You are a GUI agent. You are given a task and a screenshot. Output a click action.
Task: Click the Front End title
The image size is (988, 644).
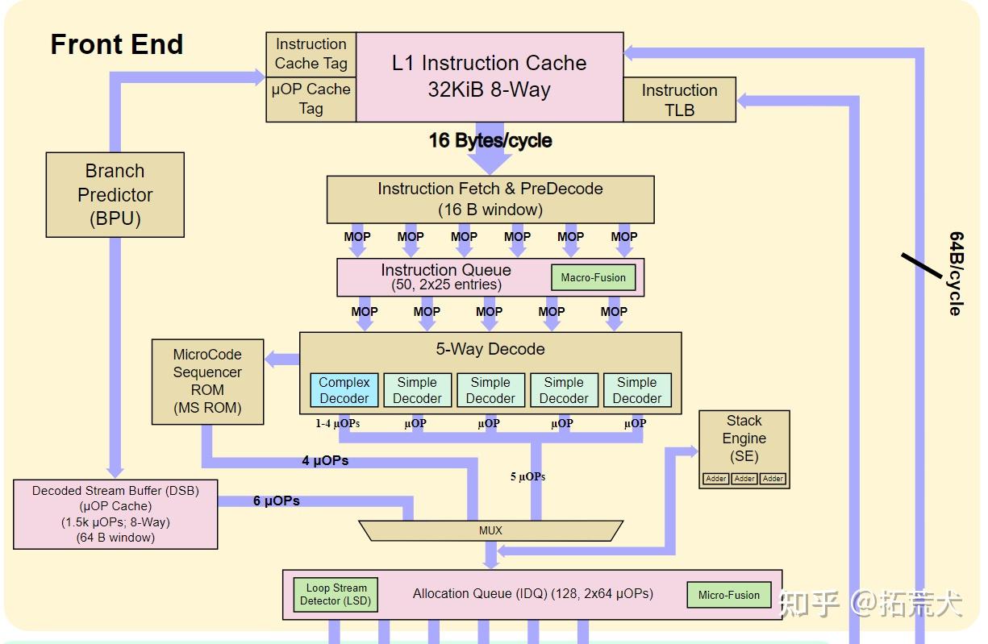(x=117, y=44)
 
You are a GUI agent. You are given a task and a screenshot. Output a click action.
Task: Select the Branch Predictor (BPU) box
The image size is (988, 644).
(x=115, y=195)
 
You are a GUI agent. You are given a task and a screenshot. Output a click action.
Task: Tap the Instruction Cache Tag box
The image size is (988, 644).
(x=311, y=54)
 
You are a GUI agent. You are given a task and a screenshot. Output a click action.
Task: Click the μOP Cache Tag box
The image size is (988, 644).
(x=311, y=99)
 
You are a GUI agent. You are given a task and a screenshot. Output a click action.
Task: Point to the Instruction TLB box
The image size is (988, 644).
(x=679, y=100)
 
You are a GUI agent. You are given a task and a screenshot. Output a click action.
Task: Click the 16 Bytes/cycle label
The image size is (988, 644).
(x=490, y=140)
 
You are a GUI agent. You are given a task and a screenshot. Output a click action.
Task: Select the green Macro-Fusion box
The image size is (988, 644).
(x=594, y=277)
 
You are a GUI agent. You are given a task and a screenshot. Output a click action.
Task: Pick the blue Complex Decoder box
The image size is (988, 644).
(x=344, y=390)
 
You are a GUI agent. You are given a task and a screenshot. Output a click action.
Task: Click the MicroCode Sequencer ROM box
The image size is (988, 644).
(x=208, y=382)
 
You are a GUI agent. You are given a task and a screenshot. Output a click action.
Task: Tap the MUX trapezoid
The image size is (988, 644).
(x=490, y=530)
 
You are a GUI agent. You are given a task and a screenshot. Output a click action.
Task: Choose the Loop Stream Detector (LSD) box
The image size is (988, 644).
(x=336, y=595)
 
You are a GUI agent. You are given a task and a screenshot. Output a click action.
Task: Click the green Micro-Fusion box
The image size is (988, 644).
(x=728, y=595)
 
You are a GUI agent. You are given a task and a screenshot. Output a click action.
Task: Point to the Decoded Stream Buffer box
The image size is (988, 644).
(x=115, y=514)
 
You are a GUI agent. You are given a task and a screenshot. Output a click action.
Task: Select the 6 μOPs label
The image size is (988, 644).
(x=277, y=501)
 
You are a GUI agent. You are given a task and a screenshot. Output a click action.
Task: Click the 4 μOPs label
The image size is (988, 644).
(x=325, y=460)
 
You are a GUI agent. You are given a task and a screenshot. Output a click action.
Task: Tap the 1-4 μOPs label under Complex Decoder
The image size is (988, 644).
(x=337, y=424)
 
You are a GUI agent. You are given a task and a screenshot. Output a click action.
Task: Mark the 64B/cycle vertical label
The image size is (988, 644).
(x=957, y=273)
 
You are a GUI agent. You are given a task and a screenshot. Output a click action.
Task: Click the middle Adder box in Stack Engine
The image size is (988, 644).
(x=744, y=479)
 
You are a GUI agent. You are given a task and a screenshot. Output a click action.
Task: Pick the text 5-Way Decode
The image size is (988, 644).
(x=490, y=349)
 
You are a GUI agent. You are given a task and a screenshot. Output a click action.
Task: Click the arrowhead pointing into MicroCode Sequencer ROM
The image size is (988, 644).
(x=270, y=359)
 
